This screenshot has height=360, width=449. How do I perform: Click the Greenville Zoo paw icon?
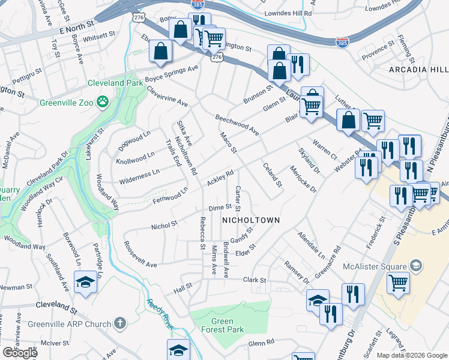point(103,102)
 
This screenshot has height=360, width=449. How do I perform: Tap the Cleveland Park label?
point(115,83)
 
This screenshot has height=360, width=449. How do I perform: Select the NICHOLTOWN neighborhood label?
point(251,220)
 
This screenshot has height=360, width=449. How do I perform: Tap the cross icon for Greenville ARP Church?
point(120,324)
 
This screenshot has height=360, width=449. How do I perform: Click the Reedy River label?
point(160,313)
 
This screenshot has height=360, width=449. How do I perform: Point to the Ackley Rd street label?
point(220,178)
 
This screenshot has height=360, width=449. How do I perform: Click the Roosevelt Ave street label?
point(140,254)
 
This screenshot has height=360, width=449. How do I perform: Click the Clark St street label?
point(255,280)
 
